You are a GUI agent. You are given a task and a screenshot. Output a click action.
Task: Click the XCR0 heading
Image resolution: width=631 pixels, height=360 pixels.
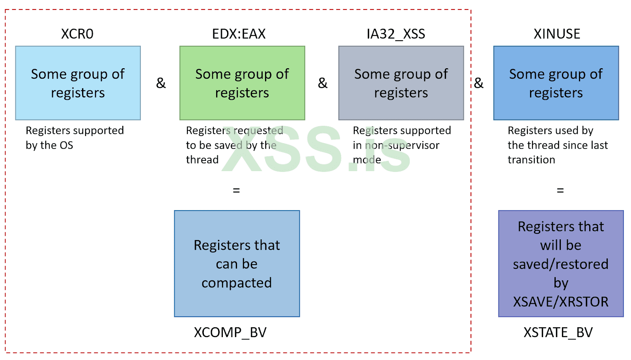[77, 34]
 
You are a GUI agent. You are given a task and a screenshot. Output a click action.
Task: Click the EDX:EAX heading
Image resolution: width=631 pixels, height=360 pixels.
[239, 34]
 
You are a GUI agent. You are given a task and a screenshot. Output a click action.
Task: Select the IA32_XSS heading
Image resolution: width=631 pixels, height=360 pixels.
[396, 34]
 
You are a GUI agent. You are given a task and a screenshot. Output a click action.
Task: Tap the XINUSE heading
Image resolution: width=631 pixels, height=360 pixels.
[556, 34]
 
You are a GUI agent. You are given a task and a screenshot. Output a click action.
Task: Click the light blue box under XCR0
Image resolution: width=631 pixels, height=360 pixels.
[78, 83]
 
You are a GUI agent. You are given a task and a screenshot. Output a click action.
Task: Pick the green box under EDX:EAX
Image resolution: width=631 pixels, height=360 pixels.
[242, 83]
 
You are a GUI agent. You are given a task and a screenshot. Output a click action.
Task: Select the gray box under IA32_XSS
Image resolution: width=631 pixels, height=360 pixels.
[401, 83]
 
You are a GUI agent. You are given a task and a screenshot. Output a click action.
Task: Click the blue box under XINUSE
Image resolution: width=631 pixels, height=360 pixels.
[556, 83]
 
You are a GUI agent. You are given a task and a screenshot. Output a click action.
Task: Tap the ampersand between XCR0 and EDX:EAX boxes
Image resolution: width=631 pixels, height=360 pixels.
[161, 83]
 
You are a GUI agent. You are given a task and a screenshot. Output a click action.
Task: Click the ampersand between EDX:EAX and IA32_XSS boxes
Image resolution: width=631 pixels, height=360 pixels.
[323, 83]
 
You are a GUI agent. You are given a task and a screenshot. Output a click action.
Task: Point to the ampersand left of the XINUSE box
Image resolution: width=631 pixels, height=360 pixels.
[479, 83]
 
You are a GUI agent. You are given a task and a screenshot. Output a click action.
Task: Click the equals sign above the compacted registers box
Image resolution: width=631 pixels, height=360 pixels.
[236, 190]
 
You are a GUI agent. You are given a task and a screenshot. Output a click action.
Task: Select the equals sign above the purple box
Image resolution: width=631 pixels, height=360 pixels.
[560, 190]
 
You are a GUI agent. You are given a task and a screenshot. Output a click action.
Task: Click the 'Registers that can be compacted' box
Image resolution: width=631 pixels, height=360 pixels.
[237, 263]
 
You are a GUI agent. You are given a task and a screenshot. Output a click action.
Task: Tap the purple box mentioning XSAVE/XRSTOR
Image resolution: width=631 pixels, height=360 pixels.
[561, 263]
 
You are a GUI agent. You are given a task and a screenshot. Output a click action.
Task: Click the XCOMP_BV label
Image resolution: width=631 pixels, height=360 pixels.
[230, 332]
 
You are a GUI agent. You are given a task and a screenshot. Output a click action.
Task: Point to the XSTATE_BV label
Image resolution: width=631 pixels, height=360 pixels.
[558, 332]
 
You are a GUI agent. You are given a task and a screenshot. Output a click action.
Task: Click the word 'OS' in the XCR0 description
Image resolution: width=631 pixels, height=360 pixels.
[66, 145]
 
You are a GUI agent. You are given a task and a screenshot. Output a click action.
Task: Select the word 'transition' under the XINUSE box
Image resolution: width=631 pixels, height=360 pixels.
[531, 160]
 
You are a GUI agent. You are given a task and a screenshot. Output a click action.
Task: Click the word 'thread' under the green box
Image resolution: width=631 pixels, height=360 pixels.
[202, 160]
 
